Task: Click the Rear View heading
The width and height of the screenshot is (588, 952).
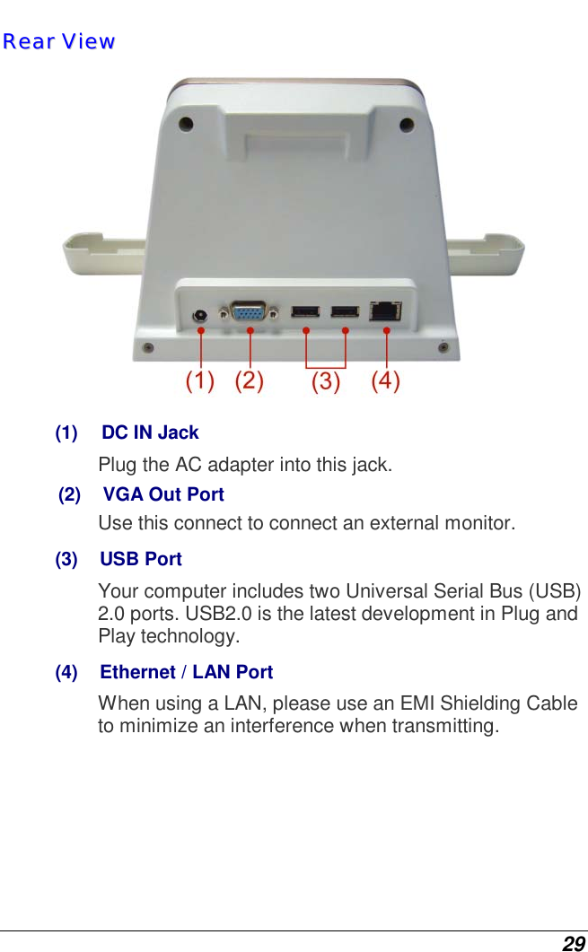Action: coord(58,41)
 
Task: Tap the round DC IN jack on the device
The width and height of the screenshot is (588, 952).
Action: coord(201,315)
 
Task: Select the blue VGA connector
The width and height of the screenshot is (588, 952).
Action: coord(249,311)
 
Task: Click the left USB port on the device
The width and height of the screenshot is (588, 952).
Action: coord(305,312)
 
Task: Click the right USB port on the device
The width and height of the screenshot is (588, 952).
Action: coord(345,312)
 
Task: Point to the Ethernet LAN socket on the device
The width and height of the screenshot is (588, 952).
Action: coord(385,310)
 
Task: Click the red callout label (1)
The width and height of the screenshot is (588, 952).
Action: coord(199,380)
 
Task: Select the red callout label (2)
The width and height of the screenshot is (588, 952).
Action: coord(250,380)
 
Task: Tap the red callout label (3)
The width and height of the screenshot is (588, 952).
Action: coord(325,382)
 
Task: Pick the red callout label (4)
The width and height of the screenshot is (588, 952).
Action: coord(386,380)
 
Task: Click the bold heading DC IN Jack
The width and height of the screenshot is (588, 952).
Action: coord(150,432)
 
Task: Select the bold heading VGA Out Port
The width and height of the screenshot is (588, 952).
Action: coord(163,494)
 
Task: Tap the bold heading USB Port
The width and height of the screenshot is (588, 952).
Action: coord(141,559)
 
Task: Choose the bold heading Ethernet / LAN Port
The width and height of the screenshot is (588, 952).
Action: coord(186,672)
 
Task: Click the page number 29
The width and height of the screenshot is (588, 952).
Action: coord(573,943)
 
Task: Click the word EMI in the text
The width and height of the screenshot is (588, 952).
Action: coord(427,703)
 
